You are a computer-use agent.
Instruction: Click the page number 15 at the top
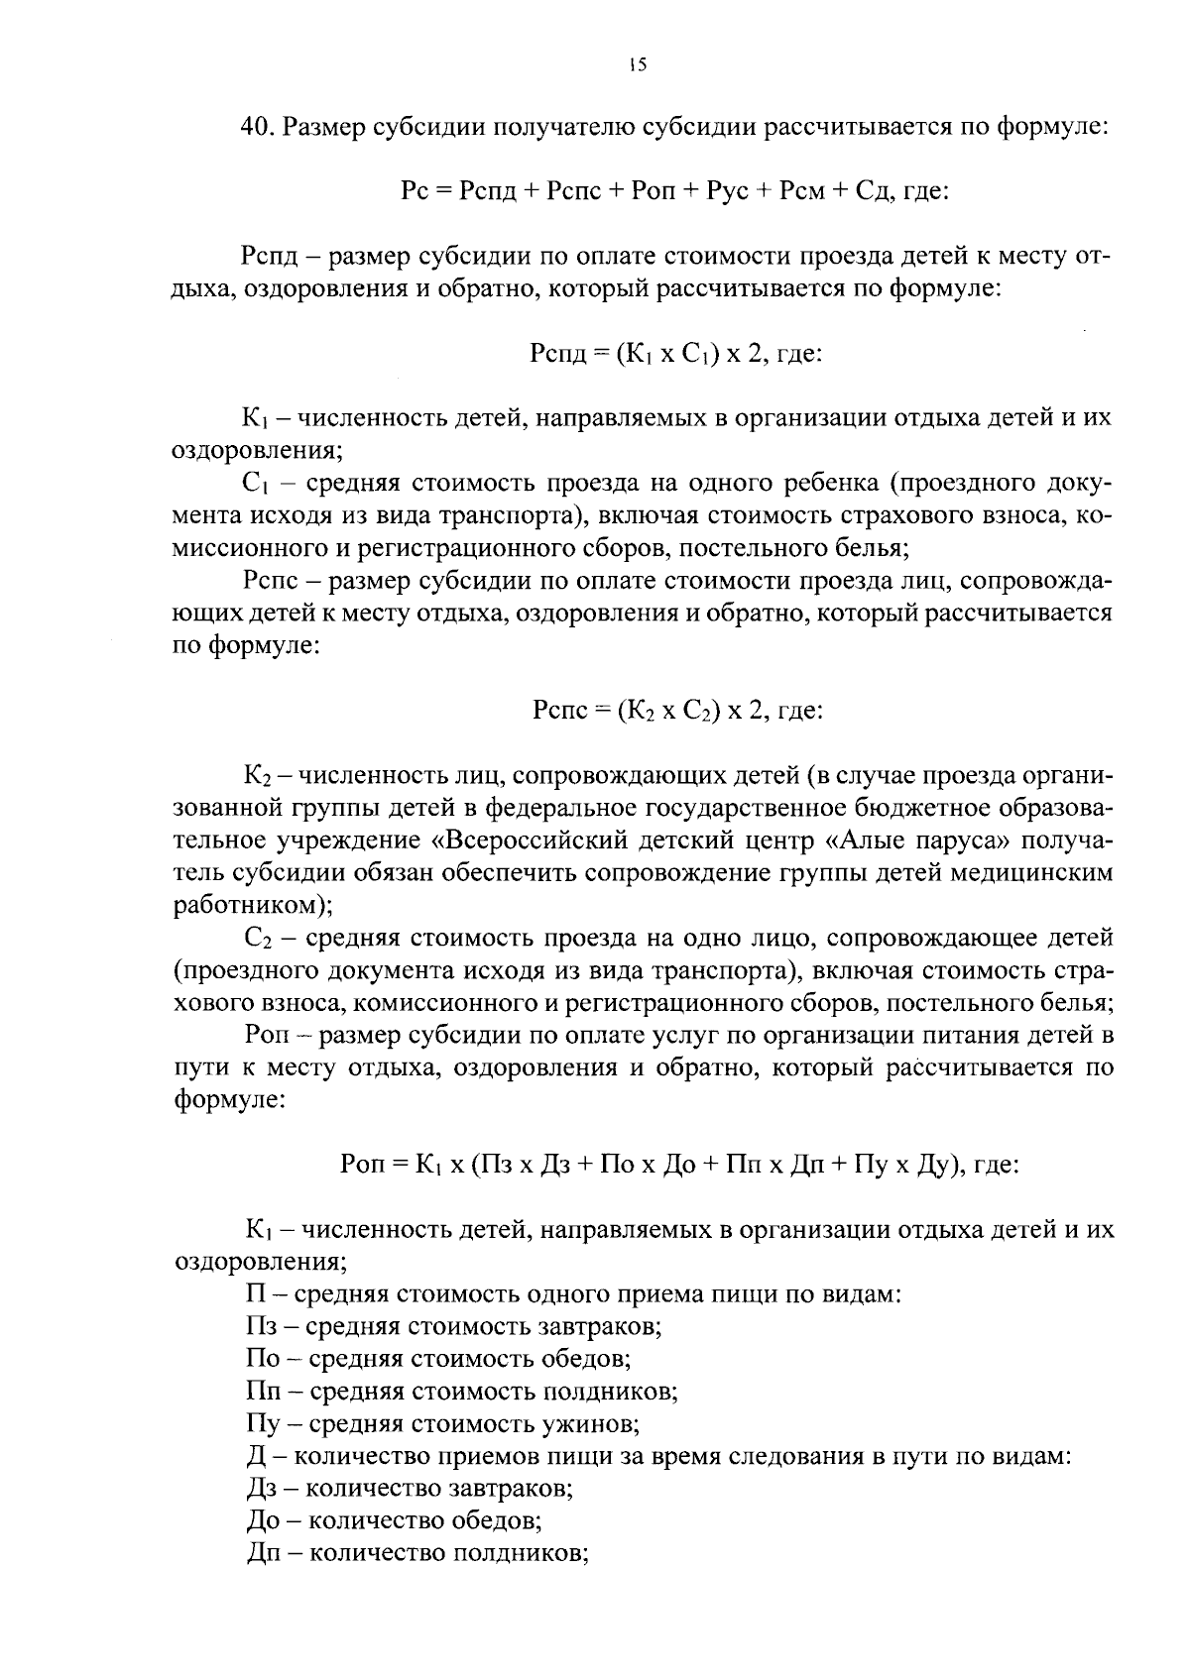tap(637, 65)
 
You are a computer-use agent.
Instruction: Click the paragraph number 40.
tap(256, 128)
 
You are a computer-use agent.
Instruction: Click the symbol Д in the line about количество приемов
tap(256, 1457)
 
